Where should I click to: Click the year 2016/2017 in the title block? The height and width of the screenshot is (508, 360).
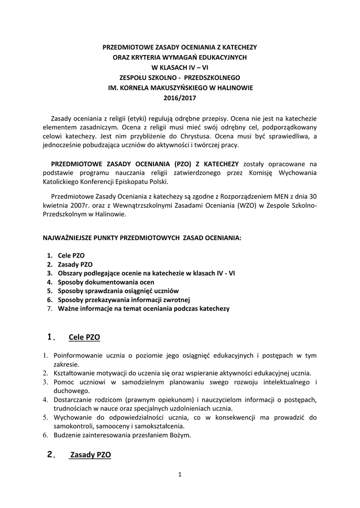click(x=180, y=98)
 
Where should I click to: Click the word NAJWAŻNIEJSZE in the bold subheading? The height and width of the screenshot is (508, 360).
click(x=68, y=238)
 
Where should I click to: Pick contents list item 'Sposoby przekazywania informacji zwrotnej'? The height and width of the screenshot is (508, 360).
click(x=124, y=300)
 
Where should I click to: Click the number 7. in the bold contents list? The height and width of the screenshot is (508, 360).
click(x=50, y=309)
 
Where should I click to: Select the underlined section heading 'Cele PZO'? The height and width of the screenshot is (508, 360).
click(x=84, y=337)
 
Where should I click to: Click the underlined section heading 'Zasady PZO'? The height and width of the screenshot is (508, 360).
click(x=90, y=454)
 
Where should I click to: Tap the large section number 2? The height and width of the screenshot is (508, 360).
click(x=50, y=454)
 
